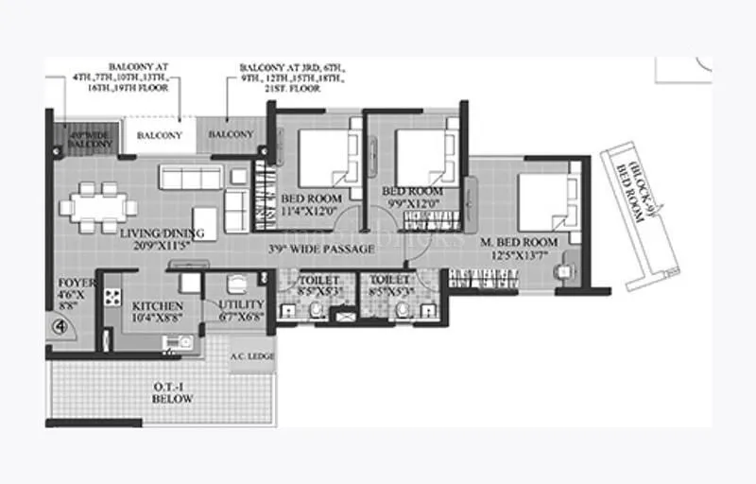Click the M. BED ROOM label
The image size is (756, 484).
[x=519, y=242]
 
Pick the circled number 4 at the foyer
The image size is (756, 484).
[x=59, y=327]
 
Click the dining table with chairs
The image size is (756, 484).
[x=96, y=207]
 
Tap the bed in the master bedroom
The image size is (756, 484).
[x=547, y=200]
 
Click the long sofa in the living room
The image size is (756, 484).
[x=191, y=177]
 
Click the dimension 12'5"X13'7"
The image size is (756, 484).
[x=519, y=254]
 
